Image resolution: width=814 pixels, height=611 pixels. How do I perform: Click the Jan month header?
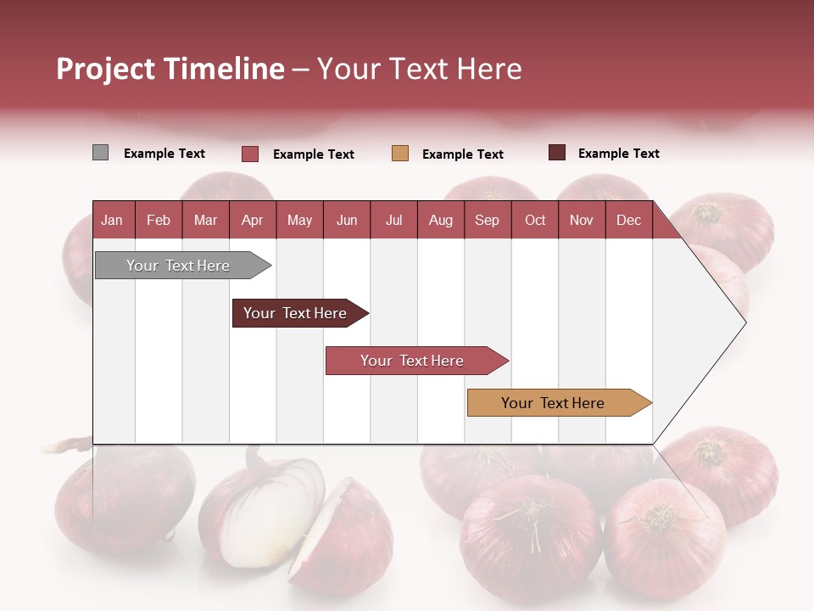112,220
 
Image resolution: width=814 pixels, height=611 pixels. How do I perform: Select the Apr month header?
252,220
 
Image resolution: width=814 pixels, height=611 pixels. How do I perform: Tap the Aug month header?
440,220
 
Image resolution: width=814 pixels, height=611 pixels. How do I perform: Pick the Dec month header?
628,220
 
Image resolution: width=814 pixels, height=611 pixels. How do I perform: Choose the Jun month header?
346,220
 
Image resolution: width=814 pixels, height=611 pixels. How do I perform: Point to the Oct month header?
535,220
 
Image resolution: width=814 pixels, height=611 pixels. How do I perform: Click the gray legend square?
100,153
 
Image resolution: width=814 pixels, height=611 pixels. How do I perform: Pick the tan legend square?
400,154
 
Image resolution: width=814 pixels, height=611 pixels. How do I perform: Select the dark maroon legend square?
557,153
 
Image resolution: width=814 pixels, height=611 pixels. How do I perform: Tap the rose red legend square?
250,154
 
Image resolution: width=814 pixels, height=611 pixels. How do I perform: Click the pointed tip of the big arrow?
744,322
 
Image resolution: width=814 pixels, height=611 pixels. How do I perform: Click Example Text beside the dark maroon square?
618,154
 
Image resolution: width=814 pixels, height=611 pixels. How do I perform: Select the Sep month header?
487,220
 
